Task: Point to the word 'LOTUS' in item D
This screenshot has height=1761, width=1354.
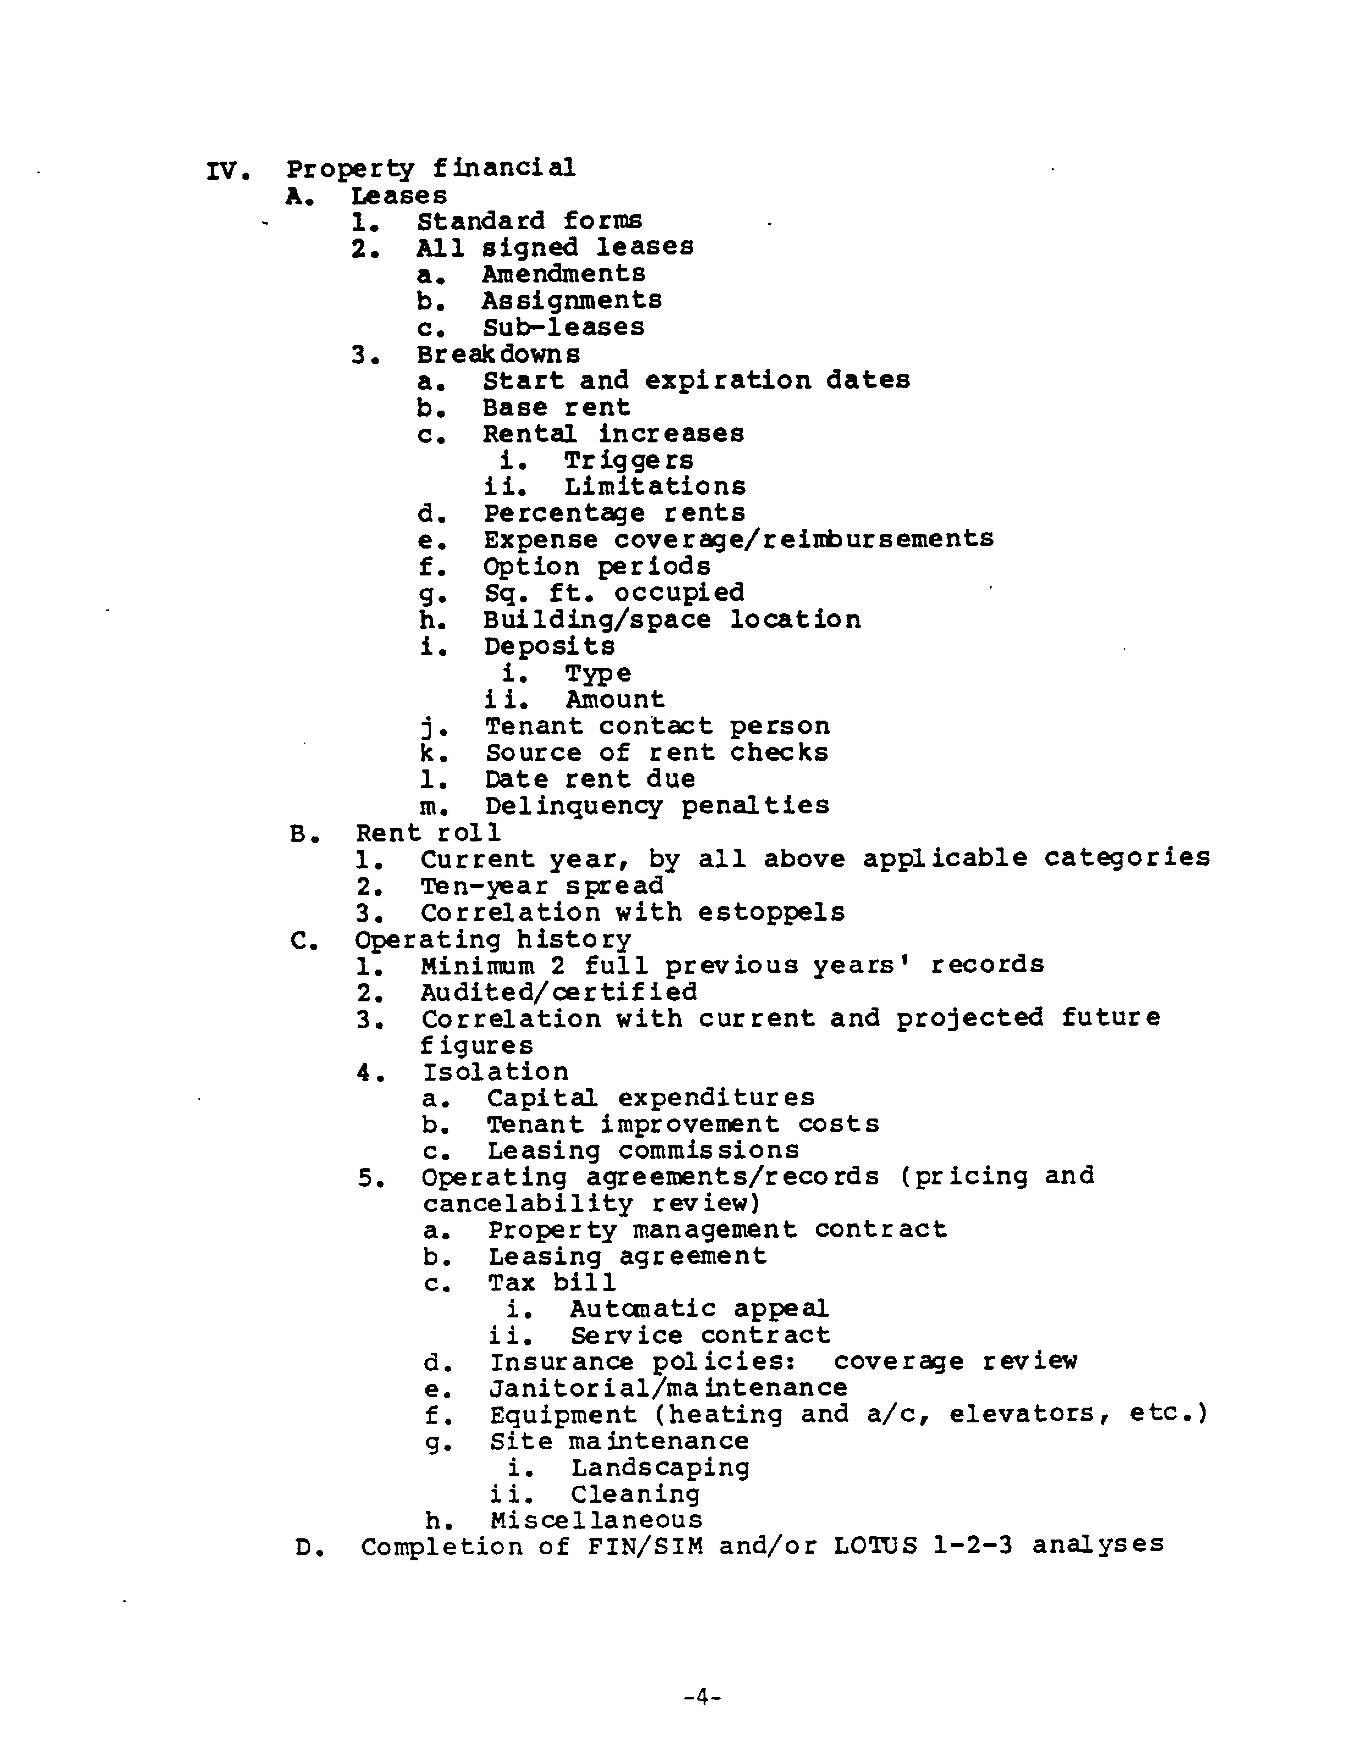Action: click(x=875, y=1546)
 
